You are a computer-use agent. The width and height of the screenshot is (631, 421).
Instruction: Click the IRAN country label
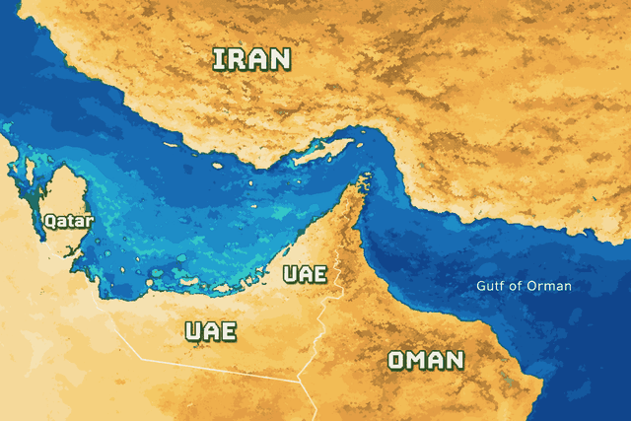pyautogui.click(x=252, y=59)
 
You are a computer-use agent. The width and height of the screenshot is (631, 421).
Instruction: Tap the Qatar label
pyautogui.click(x=68, y=222)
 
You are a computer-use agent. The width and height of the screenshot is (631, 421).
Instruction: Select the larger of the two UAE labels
pyautogui.click(x=211, y=330)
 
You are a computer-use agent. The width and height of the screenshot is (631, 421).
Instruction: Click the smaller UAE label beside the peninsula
pyautogui.click(x=304, y=274)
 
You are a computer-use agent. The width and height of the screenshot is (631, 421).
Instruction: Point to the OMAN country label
pyautogui.click(x=425, y=360)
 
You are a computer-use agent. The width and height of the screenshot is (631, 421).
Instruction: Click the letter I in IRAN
pyautogui.click(x=219, y=59)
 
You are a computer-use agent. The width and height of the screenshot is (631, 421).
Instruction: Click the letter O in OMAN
pyautogui.click(x=397, y=360)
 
